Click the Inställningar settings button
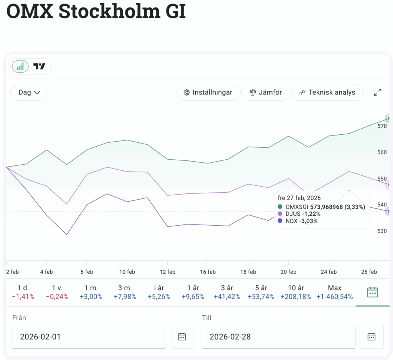208,92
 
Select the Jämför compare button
266,92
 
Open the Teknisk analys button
327,92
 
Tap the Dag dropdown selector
29,92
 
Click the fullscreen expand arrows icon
378,92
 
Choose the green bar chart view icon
20,66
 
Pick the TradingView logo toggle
39,66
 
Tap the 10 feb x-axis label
127,272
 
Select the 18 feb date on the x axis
248,272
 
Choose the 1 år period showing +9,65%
193,292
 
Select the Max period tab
335,292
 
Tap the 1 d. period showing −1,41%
23,292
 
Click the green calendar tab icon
373,292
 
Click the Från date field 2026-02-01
89,337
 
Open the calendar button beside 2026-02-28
371,337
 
